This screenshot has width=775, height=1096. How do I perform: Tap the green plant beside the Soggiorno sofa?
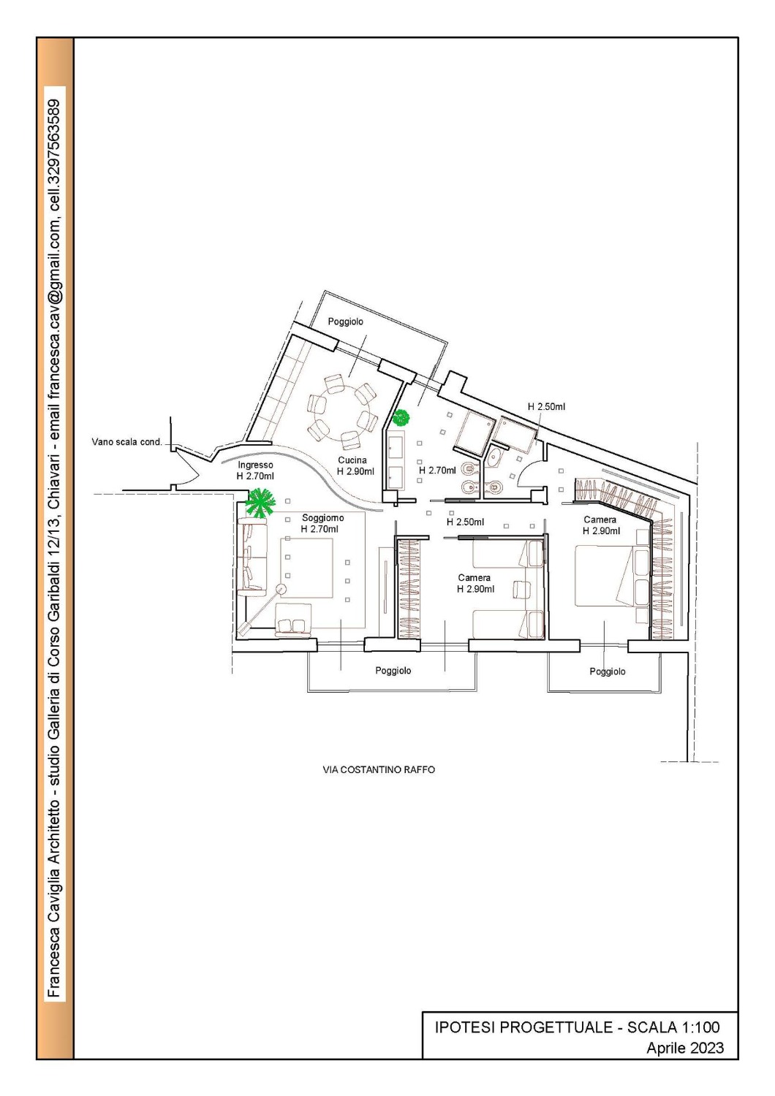[x=260, y=503]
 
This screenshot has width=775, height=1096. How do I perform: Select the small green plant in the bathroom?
[x=401, y=418]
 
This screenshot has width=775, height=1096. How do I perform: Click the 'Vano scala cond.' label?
[x=126, y=442]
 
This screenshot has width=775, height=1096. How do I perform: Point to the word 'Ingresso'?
[x=256, y=465]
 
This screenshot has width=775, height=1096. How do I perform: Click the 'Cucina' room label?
[x=352, y=460]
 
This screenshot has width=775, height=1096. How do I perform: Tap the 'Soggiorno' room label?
[x=322, y=517]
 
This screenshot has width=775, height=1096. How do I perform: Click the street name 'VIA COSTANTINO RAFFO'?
[x=379, y=769]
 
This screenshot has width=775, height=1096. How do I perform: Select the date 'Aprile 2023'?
[x=685, y=1048]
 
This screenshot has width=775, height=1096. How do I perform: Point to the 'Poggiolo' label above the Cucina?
[x=346, y=322]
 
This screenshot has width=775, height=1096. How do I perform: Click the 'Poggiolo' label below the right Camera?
[x=608, y=671]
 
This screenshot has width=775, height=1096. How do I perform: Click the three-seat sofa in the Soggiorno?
[x=252, y=557]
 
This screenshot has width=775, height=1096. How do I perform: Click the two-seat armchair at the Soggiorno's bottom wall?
[x=293, y=620]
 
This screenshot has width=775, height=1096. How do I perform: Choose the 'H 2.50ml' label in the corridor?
[x=465, y=522]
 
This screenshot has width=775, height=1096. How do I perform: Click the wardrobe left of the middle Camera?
[x=408, y=589]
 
